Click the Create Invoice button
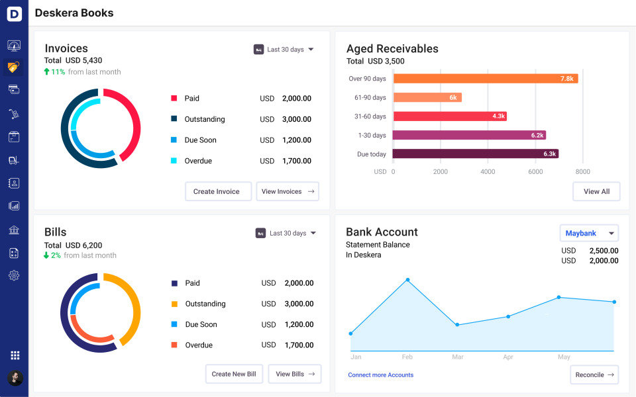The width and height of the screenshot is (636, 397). point(218,191)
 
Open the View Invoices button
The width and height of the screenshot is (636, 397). point(287,191)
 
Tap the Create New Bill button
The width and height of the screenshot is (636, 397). point(234,374)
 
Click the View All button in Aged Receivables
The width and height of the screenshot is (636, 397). point(596,191)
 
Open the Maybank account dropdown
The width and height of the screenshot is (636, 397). point(589,234)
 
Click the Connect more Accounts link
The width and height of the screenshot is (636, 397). point(380,375)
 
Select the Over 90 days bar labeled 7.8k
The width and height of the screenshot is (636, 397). point(485,78)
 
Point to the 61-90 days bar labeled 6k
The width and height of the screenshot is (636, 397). point(427,97)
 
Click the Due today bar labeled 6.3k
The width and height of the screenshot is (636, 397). point(476,154)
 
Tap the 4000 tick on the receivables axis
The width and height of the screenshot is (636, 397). point(488,171)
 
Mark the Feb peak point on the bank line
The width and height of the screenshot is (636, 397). point(407,280)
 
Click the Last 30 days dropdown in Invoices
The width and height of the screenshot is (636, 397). point(284,50)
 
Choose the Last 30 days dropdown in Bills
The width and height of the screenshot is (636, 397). point(286,233)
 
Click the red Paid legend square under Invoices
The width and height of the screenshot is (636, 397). point(174,98)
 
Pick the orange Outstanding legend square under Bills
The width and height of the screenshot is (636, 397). point(174,304)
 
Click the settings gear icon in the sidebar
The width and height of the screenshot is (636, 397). point(14,275)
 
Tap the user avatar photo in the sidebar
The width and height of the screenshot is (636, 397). point(15,378)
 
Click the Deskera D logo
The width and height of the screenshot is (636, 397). point(14,13)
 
